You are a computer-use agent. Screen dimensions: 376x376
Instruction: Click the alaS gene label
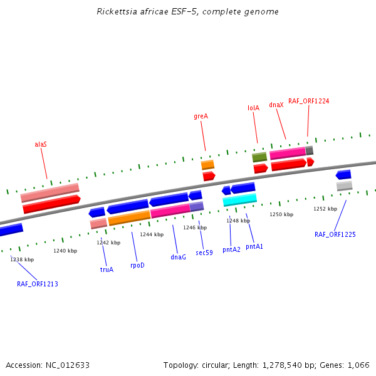pos(41,144)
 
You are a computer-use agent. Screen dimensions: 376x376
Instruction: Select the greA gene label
pos(201,117)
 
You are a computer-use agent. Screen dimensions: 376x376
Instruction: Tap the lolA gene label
pos(253,108)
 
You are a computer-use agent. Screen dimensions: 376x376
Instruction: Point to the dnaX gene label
pos(276,105)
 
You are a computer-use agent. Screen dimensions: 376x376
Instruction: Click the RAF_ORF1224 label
pos(308,101)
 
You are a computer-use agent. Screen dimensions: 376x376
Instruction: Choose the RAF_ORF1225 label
pos(335,235)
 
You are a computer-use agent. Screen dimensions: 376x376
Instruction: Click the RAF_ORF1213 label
pos(37,284)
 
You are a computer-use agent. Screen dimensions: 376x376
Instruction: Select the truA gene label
pos(107,269)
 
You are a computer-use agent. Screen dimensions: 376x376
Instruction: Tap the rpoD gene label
pos(137,265)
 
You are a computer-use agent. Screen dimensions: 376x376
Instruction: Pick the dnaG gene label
pos(178,257)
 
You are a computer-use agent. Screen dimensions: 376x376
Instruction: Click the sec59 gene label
pos(204,253)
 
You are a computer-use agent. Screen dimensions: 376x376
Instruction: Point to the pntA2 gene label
pos(231,249)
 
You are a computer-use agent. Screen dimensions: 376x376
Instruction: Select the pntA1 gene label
pos(254,246)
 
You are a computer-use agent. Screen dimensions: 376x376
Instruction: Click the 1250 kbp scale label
pos(281,214)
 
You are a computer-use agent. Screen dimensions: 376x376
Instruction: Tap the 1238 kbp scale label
pos(22,259)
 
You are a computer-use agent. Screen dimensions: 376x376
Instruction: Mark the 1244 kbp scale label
pos(152,234)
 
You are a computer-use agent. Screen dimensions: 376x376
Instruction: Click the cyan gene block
pos(240,200)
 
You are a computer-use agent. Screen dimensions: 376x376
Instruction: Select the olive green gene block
pos(259,157)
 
